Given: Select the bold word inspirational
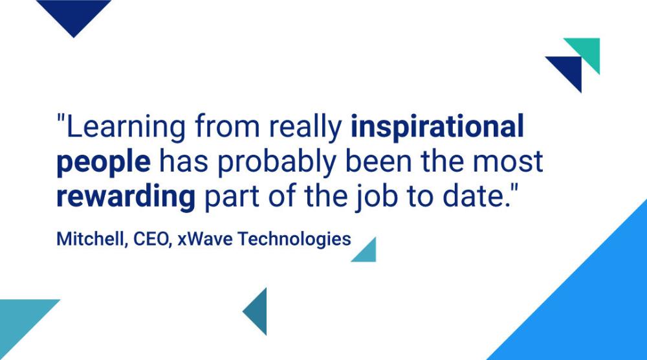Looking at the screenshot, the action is pos(437,126).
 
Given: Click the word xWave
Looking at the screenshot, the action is pos(205,240).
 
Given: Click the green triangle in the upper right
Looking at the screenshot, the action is pos(587,50).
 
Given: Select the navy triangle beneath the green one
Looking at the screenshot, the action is pos(569,69).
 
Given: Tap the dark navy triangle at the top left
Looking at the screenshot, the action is pos(74,12).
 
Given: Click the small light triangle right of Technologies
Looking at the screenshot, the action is pos(367,253).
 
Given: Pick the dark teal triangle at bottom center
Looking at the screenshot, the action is pos(258,311).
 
